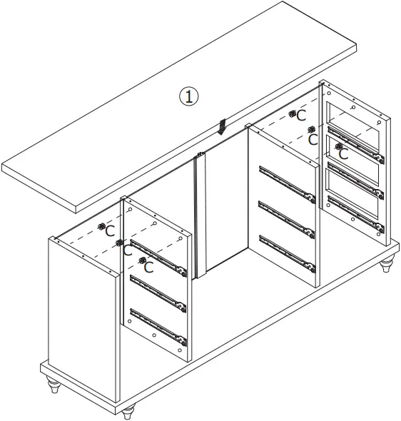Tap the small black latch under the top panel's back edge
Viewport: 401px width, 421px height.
pos(223,127)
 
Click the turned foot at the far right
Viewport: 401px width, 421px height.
pos(386,266)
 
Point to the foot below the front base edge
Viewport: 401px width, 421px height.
pos(128,412)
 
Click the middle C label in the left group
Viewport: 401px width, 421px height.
pos(128,250)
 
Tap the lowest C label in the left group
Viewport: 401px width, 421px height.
pos(148,268)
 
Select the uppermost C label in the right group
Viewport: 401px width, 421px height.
pos(302,115)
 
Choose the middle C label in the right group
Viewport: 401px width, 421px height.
pos(313,139)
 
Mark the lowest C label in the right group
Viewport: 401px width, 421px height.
pos(343,153)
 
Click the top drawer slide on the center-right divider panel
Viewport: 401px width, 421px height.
pos(287,184)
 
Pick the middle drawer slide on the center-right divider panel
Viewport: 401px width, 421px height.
pos(287,218)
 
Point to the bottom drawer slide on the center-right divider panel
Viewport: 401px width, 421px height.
pos(287,253)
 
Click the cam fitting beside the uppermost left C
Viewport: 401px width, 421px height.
pos(101,226)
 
